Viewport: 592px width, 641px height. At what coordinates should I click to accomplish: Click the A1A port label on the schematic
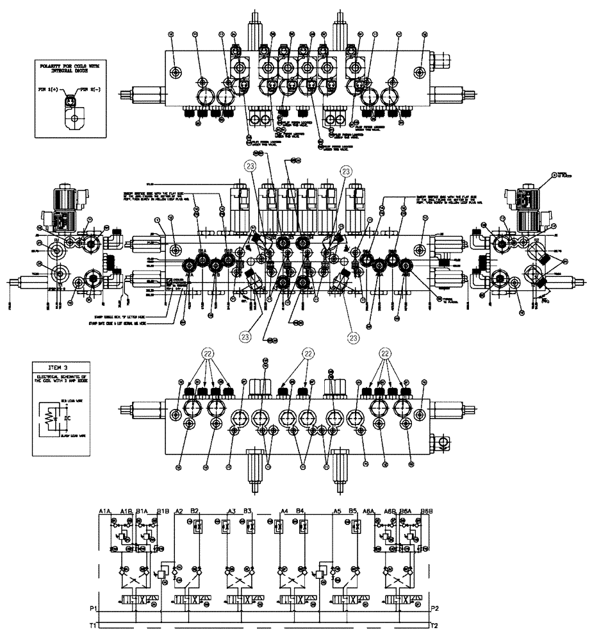106,510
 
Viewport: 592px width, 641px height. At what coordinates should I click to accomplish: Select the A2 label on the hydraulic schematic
179,510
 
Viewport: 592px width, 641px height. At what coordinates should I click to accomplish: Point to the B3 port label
249,510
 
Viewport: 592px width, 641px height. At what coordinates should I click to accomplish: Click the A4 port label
286,510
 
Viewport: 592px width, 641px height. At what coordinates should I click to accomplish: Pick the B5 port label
352,510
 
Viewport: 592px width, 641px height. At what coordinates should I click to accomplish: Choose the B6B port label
426,510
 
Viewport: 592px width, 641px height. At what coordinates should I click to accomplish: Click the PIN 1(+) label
51,92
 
